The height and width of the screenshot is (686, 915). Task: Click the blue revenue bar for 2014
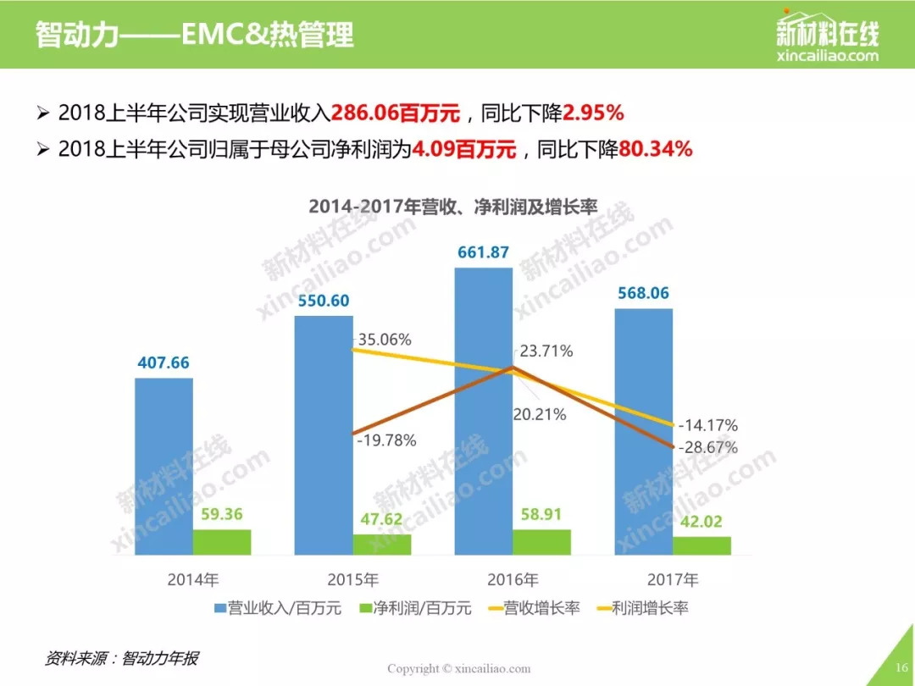click(164, 466)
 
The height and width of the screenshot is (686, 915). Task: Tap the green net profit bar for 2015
click(382, 545)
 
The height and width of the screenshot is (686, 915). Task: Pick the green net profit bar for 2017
click(702, 545)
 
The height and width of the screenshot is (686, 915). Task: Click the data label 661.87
click(484, 252)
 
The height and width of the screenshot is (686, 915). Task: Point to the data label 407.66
click(164, 362)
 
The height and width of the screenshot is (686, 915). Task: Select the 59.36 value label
click(222, 514)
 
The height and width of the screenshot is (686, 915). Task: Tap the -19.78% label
click(386, 440)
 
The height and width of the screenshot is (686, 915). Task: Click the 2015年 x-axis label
click(353, 580)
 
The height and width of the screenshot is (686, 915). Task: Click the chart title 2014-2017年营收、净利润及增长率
click(453, 207)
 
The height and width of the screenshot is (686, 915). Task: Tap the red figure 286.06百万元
click(396, 113)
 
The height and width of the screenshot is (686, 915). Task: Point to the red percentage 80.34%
click(657, 150)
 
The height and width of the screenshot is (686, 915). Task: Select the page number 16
click(901, 667)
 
